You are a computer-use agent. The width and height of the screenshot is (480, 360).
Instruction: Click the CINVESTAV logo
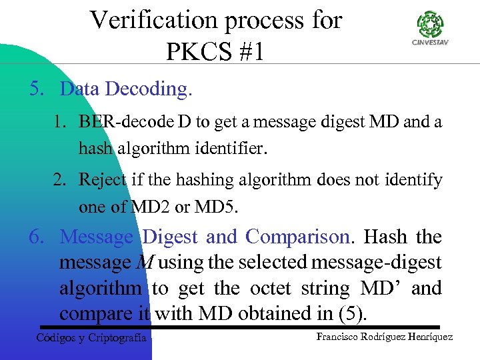coord(431,31)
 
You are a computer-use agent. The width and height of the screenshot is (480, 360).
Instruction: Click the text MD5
coord(215,207)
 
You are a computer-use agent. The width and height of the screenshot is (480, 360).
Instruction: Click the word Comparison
coord(297,237)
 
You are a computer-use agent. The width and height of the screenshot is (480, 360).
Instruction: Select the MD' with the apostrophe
coord(381,289)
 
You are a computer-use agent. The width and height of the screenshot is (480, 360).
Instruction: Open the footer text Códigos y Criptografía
coord(91,338)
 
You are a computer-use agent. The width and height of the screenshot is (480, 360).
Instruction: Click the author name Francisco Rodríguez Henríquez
coord(384,337)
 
